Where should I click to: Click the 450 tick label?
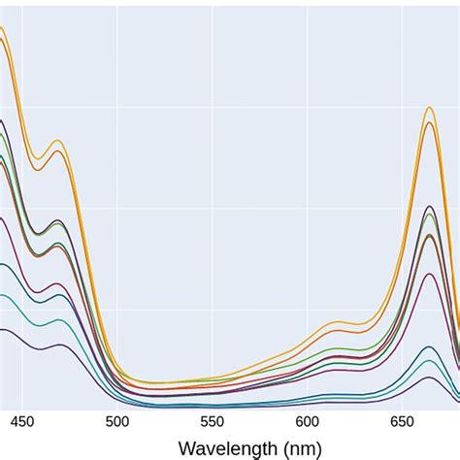(x=23, y=422)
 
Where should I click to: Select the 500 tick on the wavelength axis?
(x=117, y=422)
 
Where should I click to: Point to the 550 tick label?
(x=213, y=422)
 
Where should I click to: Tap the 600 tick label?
(x=308, y=422)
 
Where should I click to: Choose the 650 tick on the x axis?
(x=402, y=422)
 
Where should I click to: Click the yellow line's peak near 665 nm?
(x=429, y=107)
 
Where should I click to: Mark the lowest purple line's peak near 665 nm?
(x=430, y=378)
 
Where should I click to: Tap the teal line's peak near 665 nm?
(x=430, y=361)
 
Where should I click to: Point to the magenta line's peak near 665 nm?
(x=430, y=274)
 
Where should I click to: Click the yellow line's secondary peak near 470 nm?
(x=58, y=141)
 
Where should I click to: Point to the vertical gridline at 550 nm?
(x=213, y=194)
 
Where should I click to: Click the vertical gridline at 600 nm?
(x=308, y=194)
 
